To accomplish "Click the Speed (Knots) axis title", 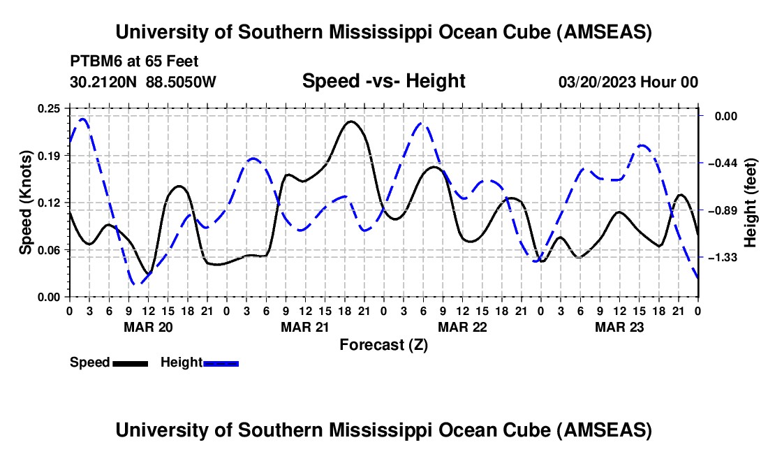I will pos(26,202).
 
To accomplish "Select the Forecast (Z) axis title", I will pos(383,344).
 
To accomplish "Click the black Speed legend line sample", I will pos(130,363).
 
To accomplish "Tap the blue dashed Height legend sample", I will pos(221,363).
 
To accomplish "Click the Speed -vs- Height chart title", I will pos(383,81).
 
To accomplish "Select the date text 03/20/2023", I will pos(598,82).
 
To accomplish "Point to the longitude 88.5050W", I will pos(181,82).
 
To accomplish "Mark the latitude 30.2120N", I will pos(105,82).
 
